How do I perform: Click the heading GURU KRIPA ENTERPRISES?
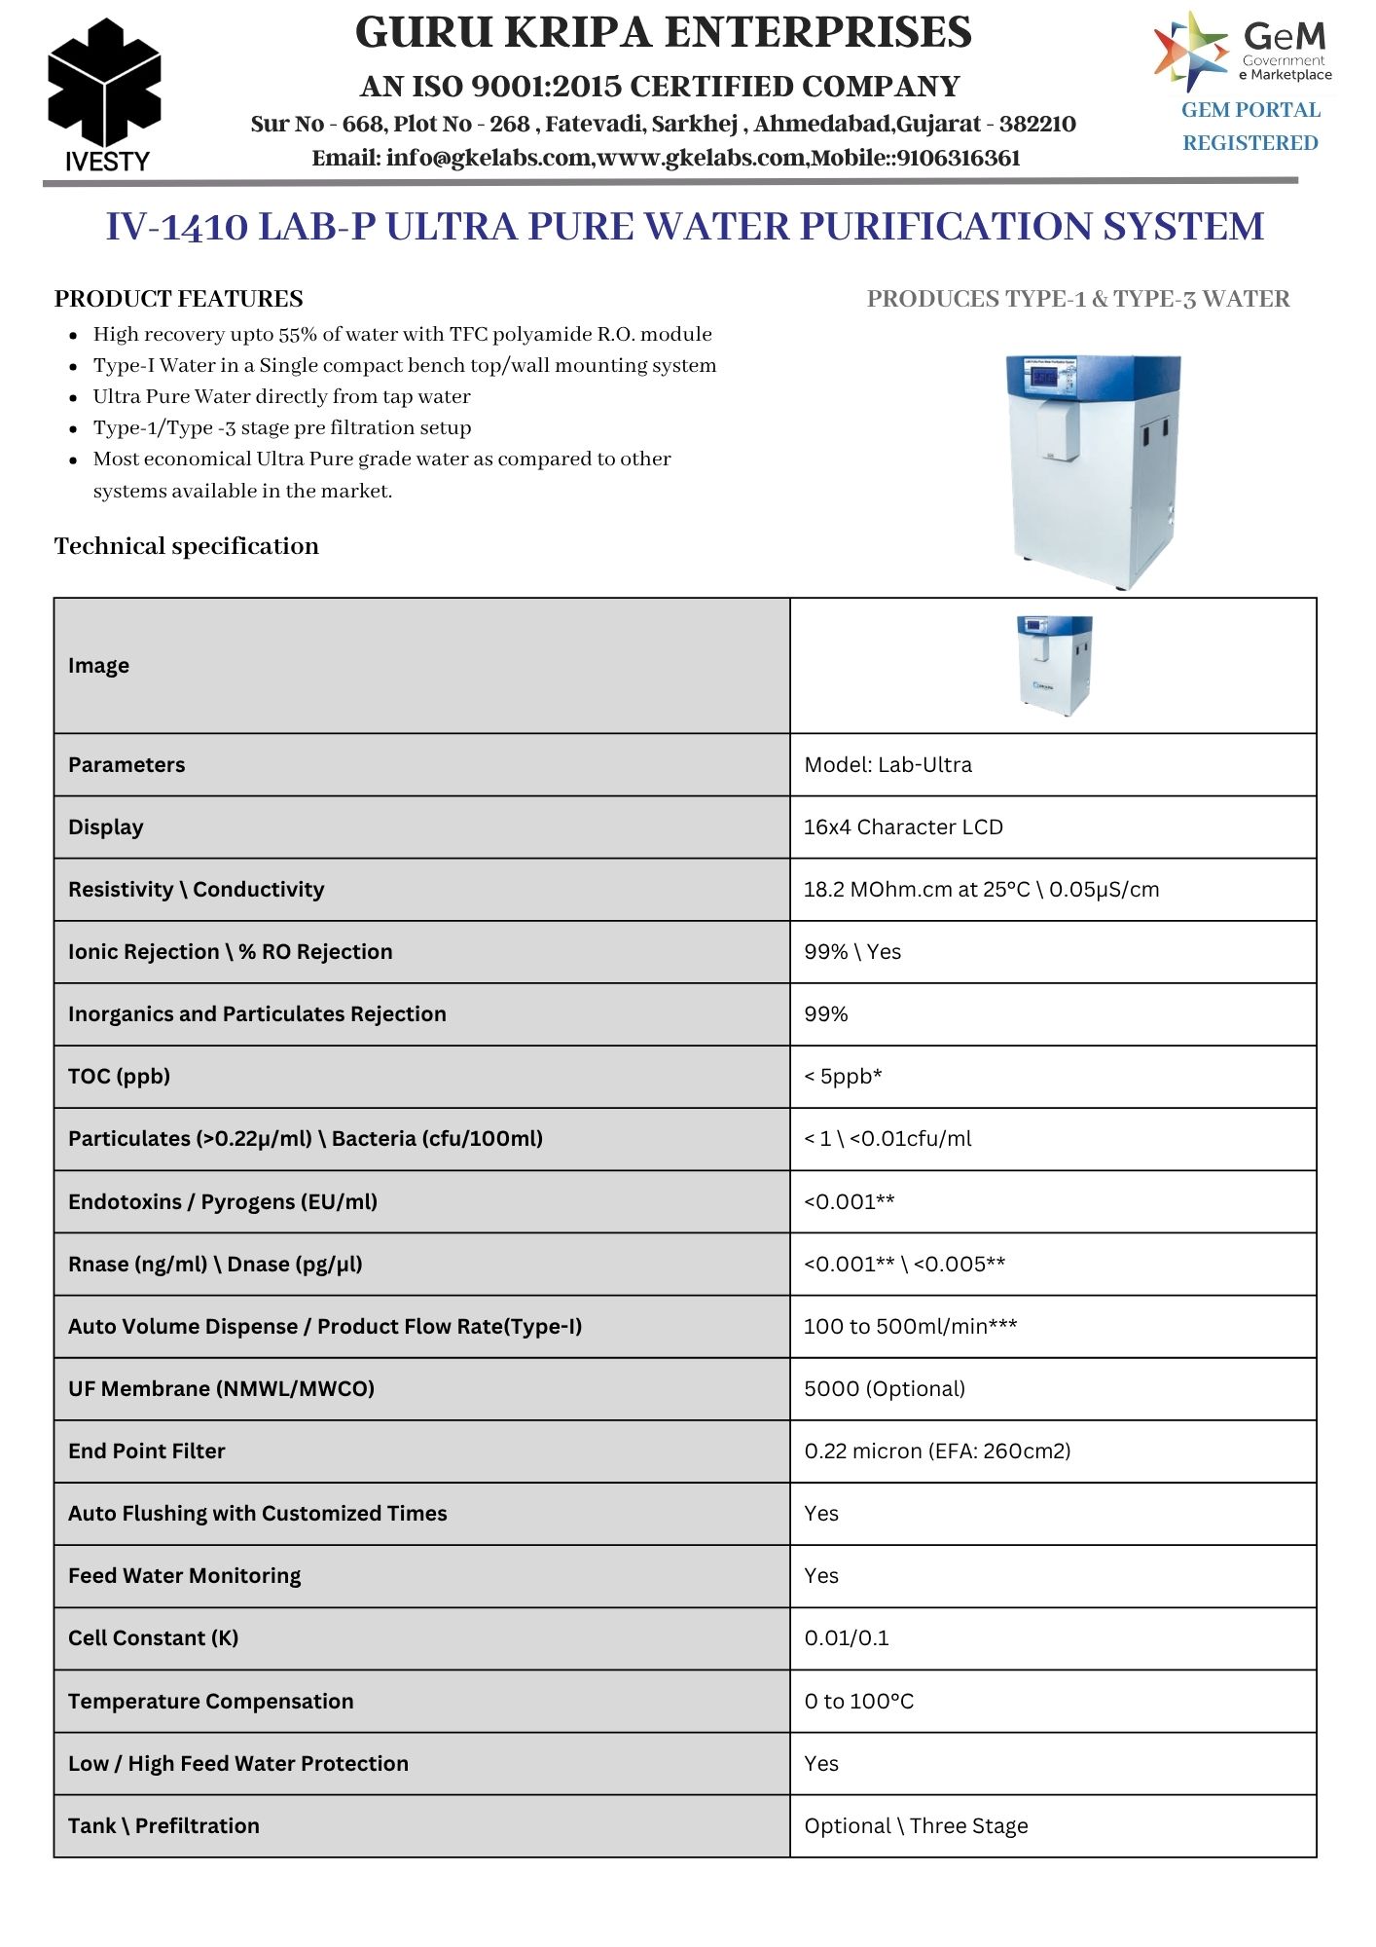pyautogui.click(x=663, y=33)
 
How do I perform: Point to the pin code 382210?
pyautogui.click(x=1037, y=124)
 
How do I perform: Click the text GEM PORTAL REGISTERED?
pyautogui.click(x=1250, y=127)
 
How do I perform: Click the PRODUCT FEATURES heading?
pyautogui.click(x=179, y=299)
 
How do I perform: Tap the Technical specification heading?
pyautogui.click(x=187, y=546)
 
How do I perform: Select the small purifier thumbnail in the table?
pyautogui.click(x=1054, y=665)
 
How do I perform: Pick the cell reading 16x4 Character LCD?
pyautogui.click(x=903, y=827)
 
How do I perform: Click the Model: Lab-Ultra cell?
pyautogui.click(x=887, y=765)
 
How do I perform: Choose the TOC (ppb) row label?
pyautogui.click(x=120, y=1077)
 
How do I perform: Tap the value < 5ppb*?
pyautogui.click(x=843, y=1077)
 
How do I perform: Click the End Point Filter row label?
pyautogui.click(x=147, y=1451)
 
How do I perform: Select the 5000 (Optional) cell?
pyautogui.click(x=885, y=1389)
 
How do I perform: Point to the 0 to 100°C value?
pyautogui.click(x=859, y=1702)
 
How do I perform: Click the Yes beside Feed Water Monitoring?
pyautogui.click(x=821, y=1576)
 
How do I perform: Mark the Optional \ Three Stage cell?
pyautogui.click(x=916, y=1826)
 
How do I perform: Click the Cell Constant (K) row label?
pyautogui.click(x=154, y=1638)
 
